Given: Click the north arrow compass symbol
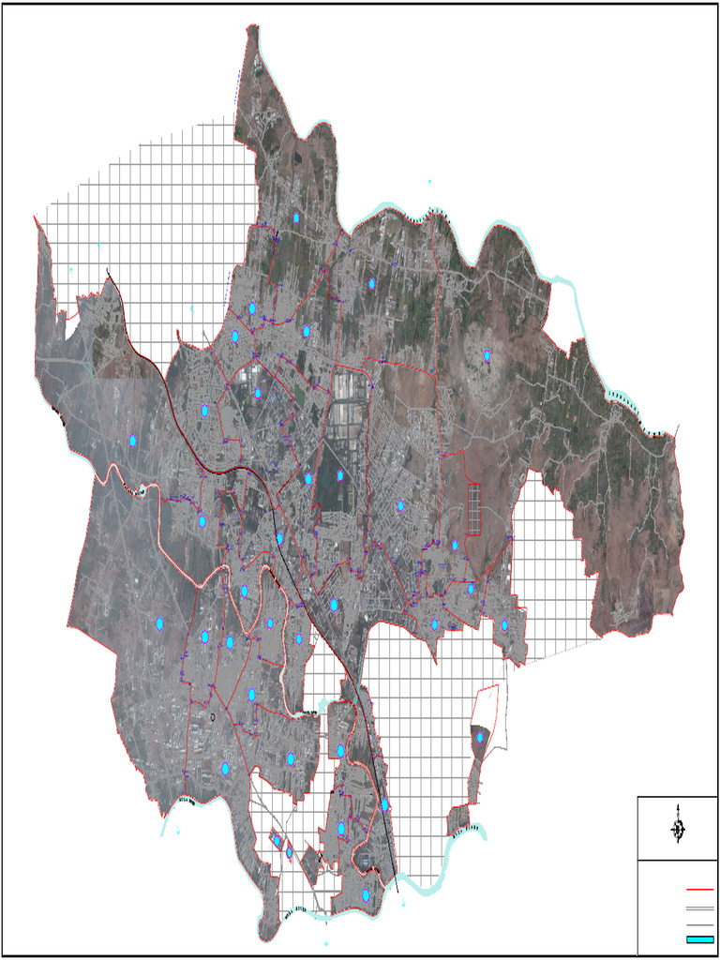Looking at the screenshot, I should pos(678,830).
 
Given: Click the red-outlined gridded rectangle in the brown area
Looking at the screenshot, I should pos(473,509).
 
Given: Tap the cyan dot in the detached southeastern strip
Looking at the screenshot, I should pos(480,738).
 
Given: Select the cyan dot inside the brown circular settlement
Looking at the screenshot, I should pos(487,354).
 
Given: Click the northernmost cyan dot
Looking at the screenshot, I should pos(296,217).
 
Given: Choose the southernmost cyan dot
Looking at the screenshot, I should pos(366,895).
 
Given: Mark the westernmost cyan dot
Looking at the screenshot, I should pos(133,441).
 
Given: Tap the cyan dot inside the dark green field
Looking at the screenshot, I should pos(341,476).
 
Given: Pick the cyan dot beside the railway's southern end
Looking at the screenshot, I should pos(385,804).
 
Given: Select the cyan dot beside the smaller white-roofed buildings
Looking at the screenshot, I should pos(259,393).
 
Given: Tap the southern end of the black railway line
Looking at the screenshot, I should pos(397,891).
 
